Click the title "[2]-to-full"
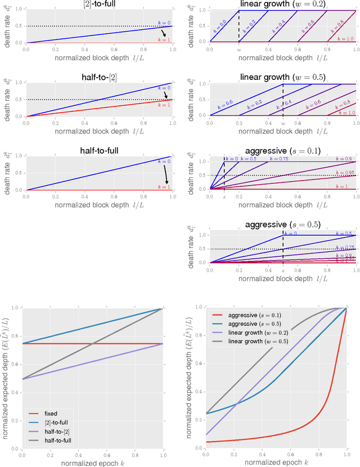tap(100, 5)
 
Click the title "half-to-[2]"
tap(100, 77)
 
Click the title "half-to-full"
tap(100, 151)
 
